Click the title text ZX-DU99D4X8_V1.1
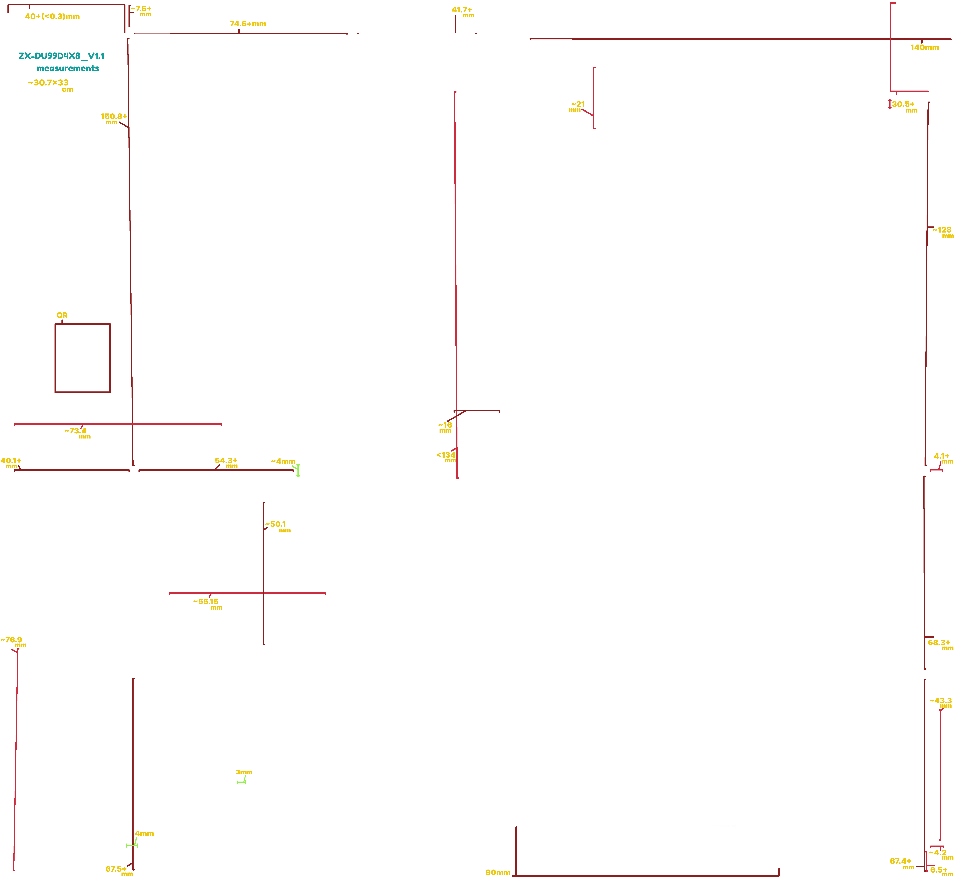click(x=61, y=56)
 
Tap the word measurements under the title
click(x=68, y=68)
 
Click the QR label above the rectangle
click(x=62, y=315)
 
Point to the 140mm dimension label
click(x=924, y=47)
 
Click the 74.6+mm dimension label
click(x=248, y=24)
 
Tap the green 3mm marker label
click(x=243, y=772)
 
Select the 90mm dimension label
click(x=497, y=872)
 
